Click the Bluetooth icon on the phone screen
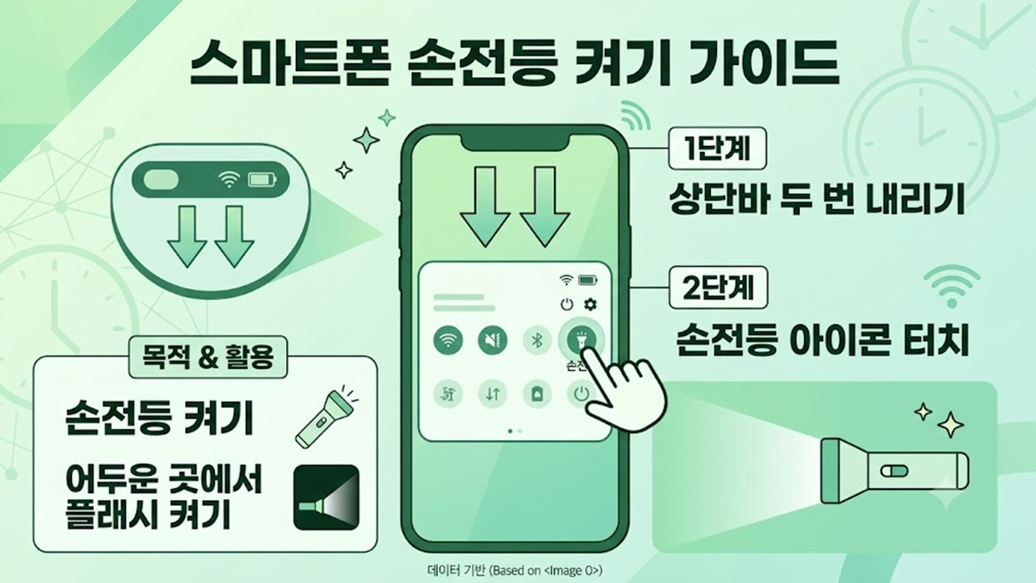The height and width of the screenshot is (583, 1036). [x=537, y=341]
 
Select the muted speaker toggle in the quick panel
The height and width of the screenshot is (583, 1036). [x=492, y=341]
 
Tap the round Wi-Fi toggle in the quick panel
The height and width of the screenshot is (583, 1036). [x=447, y=341]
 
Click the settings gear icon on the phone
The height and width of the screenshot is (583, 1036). [x=590, y=304]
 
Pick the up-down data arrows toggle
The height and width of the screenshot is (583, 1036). [x=492, y=394]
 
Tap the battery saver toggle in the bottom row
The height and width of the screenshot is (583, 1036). [x=537, y=394]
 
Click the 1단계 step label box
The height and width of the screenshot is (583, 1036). [x=717, y=148]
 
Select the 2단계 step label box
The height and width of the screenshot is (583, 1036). [x=718, y=288]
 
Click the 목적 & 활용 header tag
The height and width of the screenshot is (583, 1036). [x=208, y=357]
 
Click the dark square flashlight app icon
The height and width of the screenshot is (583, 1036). [x=326, y=497]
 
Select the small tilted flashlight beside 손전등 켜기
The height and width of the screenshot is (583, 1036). [x=326, y=417]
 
